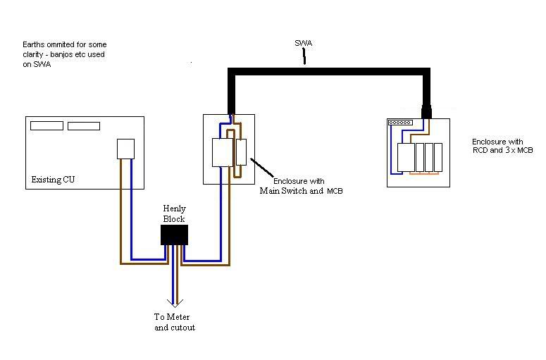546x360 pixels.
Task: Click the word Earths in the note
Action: pyautogui.click(x=33, y=46)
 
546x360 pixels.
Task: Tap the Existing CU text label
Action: pyautogui.click(x=53, y=180)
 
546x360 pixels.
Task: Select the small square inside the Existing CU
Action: pyautogui.click(x=125, y=149)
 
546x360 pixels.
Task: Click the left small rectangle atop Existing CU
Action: pyautogui.click(x=46, y=125)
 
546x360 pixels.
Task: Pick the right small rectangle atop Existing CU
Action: pyautogui.click(x=83, y=125)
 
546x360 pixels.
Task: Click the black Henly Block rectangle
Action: pyautogui.click(x=174, y=235)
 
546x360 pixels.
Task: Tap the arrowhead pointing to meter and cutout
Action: pyautogui.click(x=173, y=301)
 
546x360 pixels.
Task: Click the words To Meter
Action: pyautogui.click(x=172, y=317)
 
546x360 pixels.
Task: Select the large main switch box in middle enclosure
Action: pyautogui.click(x=222, y=152)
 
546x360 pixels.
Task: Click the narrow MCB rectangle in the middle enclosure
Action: pyautogui.click(x=241, y=152)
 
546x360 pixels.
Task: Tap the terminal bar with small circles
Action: pyautogui.click(x=400, y=123)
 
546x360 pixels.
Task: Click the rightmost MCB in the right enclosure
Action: pyautogui.click(x=438, y=156)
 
